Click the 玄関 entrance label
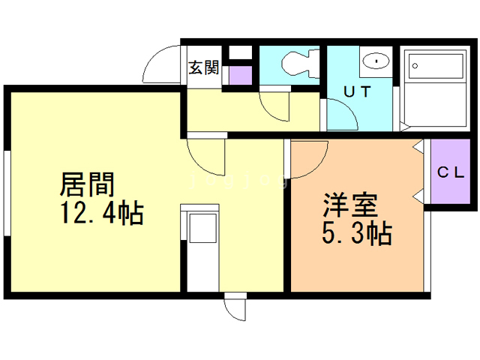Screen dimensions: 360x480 tap(203, 68)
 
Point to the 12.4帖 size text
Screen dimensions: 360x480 tap(102, 214)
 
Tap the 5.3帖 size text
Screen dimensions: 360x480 tap(357, 235)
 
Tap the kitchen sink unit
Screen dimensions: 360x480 tap(200, 228)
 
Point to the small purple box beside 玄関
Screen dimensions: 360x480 tap(240, 76)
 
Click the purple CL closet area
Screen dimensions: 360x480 tap(451, 174)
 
